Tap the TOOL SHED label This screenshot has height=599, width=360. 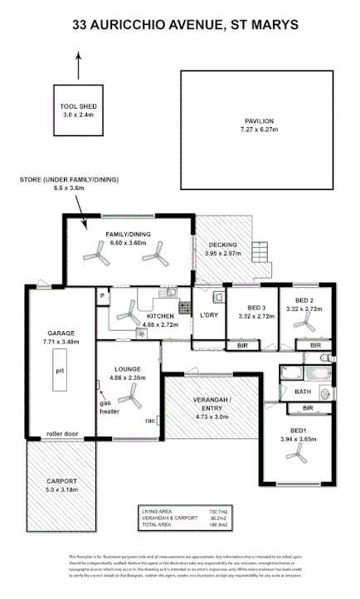tap(79, 106)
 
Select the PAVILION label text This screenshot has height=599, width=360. tap(258, 121)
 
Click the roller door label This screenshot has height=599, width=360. tap(62, 432)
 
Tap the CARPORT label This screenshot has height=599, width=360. tap(62, 480)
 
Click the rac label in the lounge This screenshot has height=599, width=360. tap(150, 420)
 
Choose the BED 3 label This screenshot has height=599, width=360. tap(250, 307)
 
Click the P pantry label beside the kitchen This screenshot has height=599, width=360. tap(101, 296)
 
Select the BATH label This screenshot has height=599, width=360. tap(303, 392)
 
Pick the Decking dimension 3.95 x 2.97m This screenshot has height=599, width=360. tap(222, 253)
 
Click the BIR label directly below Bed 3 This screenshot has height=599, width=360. tap(243, 344)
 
